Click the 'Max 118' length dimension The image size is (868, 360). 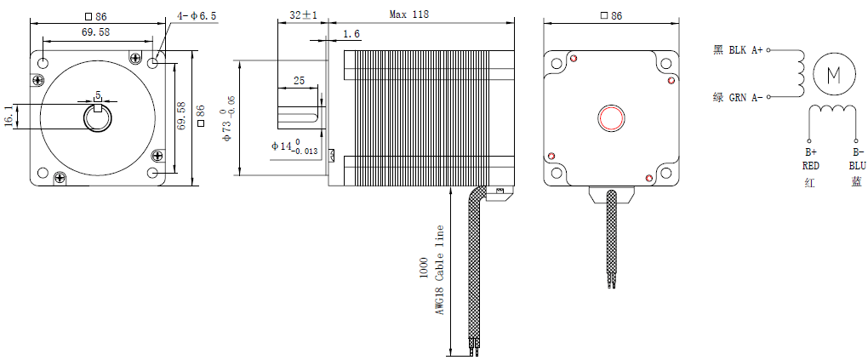point(408,14)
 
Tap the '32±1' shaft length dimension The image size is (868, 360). point(304,15)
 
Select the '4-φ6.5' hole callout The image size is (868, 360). point(197,16)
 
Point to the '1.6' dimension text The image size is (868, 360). point(351,34)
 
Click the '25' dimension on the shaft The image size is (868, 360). point(299,81)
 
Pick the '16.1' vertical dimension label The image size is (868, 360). point(9,117)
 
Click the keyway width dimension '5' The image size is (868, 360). point(99,94)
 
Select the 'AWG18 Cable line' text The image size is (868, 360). point(440,270)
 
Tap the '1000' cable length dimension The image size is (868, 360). point(424,270)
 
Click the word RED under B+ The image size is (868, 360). point(809,165)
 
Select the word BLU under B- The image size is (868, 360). point(855,165)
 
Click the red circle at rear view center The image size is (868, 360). point(611,117)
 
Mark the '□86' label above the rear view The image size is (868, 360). point(611,15)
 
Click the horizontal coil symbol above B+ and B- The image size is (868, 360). point(832,111)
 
